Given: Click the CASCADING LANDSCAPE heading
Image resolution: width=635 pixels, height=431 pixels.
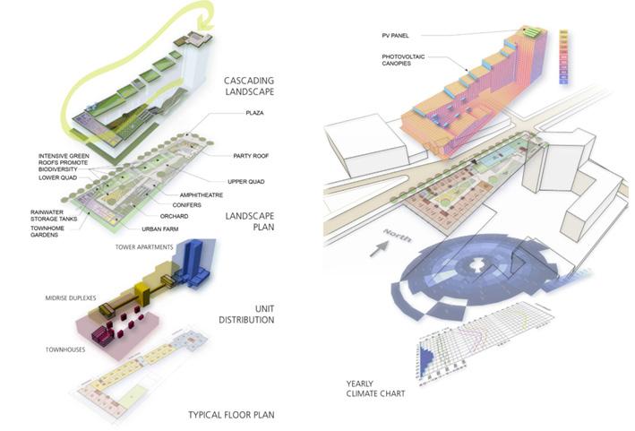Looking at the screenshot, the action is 249,85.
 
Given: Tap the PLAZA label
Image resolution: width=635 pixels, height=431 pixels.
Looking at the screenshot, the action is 257,114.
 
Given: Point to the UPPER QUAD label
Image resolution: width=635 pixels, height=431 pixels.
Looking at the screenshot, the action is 251,181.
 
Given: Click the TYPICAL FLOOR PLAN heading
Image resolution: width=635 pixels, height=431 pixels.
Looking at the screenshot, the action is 230,414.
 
